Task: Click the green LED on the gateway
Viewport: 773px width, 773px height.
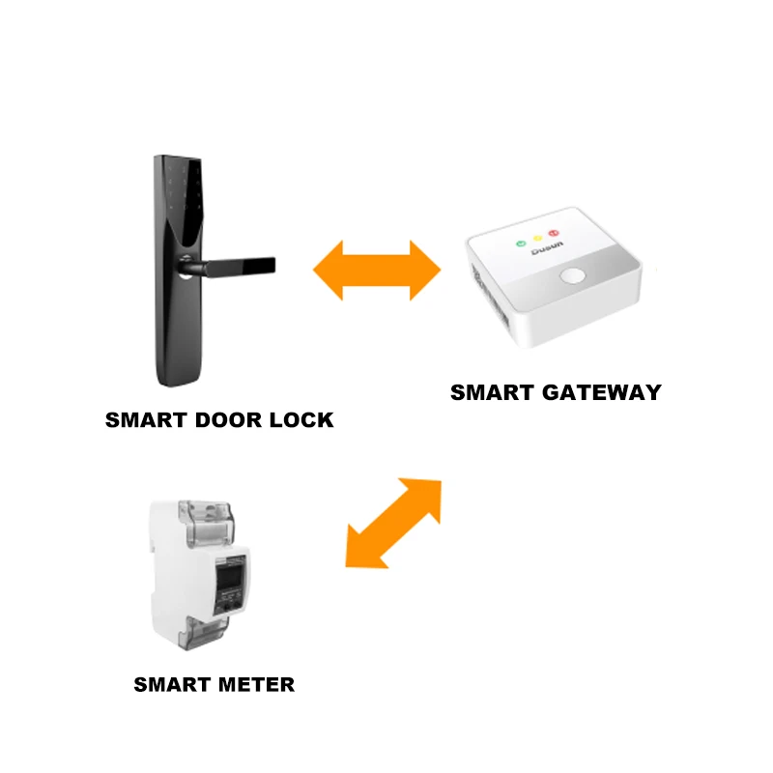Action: tap(521, 243)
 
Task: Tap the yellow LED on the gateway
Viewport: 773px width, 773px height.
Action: tap(537, 239)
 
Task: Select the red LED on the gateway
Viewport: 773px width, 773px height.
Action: tap(554, 234)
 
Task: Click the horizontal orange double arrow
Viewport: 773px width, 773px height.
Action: tap(377, 270)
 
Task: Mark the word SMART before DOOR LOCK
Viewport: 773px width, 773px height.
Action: tap(144, 421)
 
